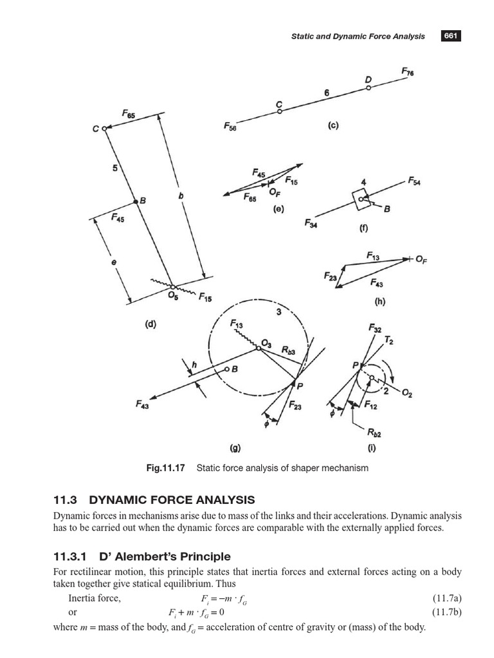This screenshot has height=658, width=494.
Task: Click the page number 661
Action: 450,36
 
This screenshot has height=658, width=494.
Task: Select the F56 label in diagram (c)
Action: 230,127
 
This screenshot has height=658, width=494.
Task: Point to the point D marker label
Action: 369,79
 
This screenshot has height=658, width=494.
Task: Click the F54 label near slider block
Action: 414,182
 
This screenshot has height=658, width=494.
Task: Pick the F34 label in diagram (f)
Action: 311,223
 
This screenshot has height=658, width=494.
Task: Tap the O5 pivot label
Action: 172,296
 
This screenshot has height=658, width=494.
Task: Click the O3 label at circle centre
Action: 266,345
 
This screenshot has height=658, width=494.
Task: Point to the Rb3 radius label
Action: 288,350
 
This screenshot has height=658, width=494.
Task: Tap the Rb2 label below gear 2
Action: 374,434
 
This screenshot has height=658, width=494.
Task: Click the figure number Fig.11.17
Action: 165,468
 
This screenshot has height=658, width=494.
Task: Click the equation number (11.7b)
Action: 446,611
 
